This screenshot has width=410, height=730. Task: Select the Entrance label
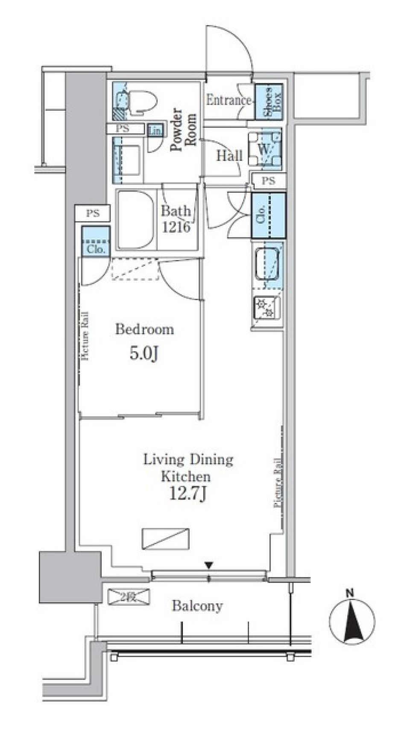point(228,101)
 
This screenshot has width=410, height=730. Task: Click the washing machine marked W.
point(265,150)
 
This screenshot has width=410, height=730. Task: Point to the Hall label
point(229,156)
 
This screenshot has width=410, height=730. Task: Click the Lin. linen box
point(155,131)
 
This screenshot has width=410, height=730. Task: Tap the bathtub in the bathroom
point(136,220)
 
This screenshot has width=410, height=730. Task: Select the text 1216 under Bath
point(176,227)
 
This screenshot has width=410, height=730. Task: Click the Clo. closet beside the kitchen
point(268,215)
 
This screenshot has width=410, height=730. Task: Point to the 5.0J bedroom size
point(144,353)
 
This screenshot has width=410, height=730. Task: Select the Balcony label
point(197,606)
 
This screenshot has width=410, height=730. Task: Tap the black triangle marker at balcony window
point(208,565)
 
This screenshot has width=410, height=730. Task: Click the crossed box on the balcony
point(129,597)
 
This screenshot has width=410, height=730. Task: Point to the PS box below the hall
point(269,181)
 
